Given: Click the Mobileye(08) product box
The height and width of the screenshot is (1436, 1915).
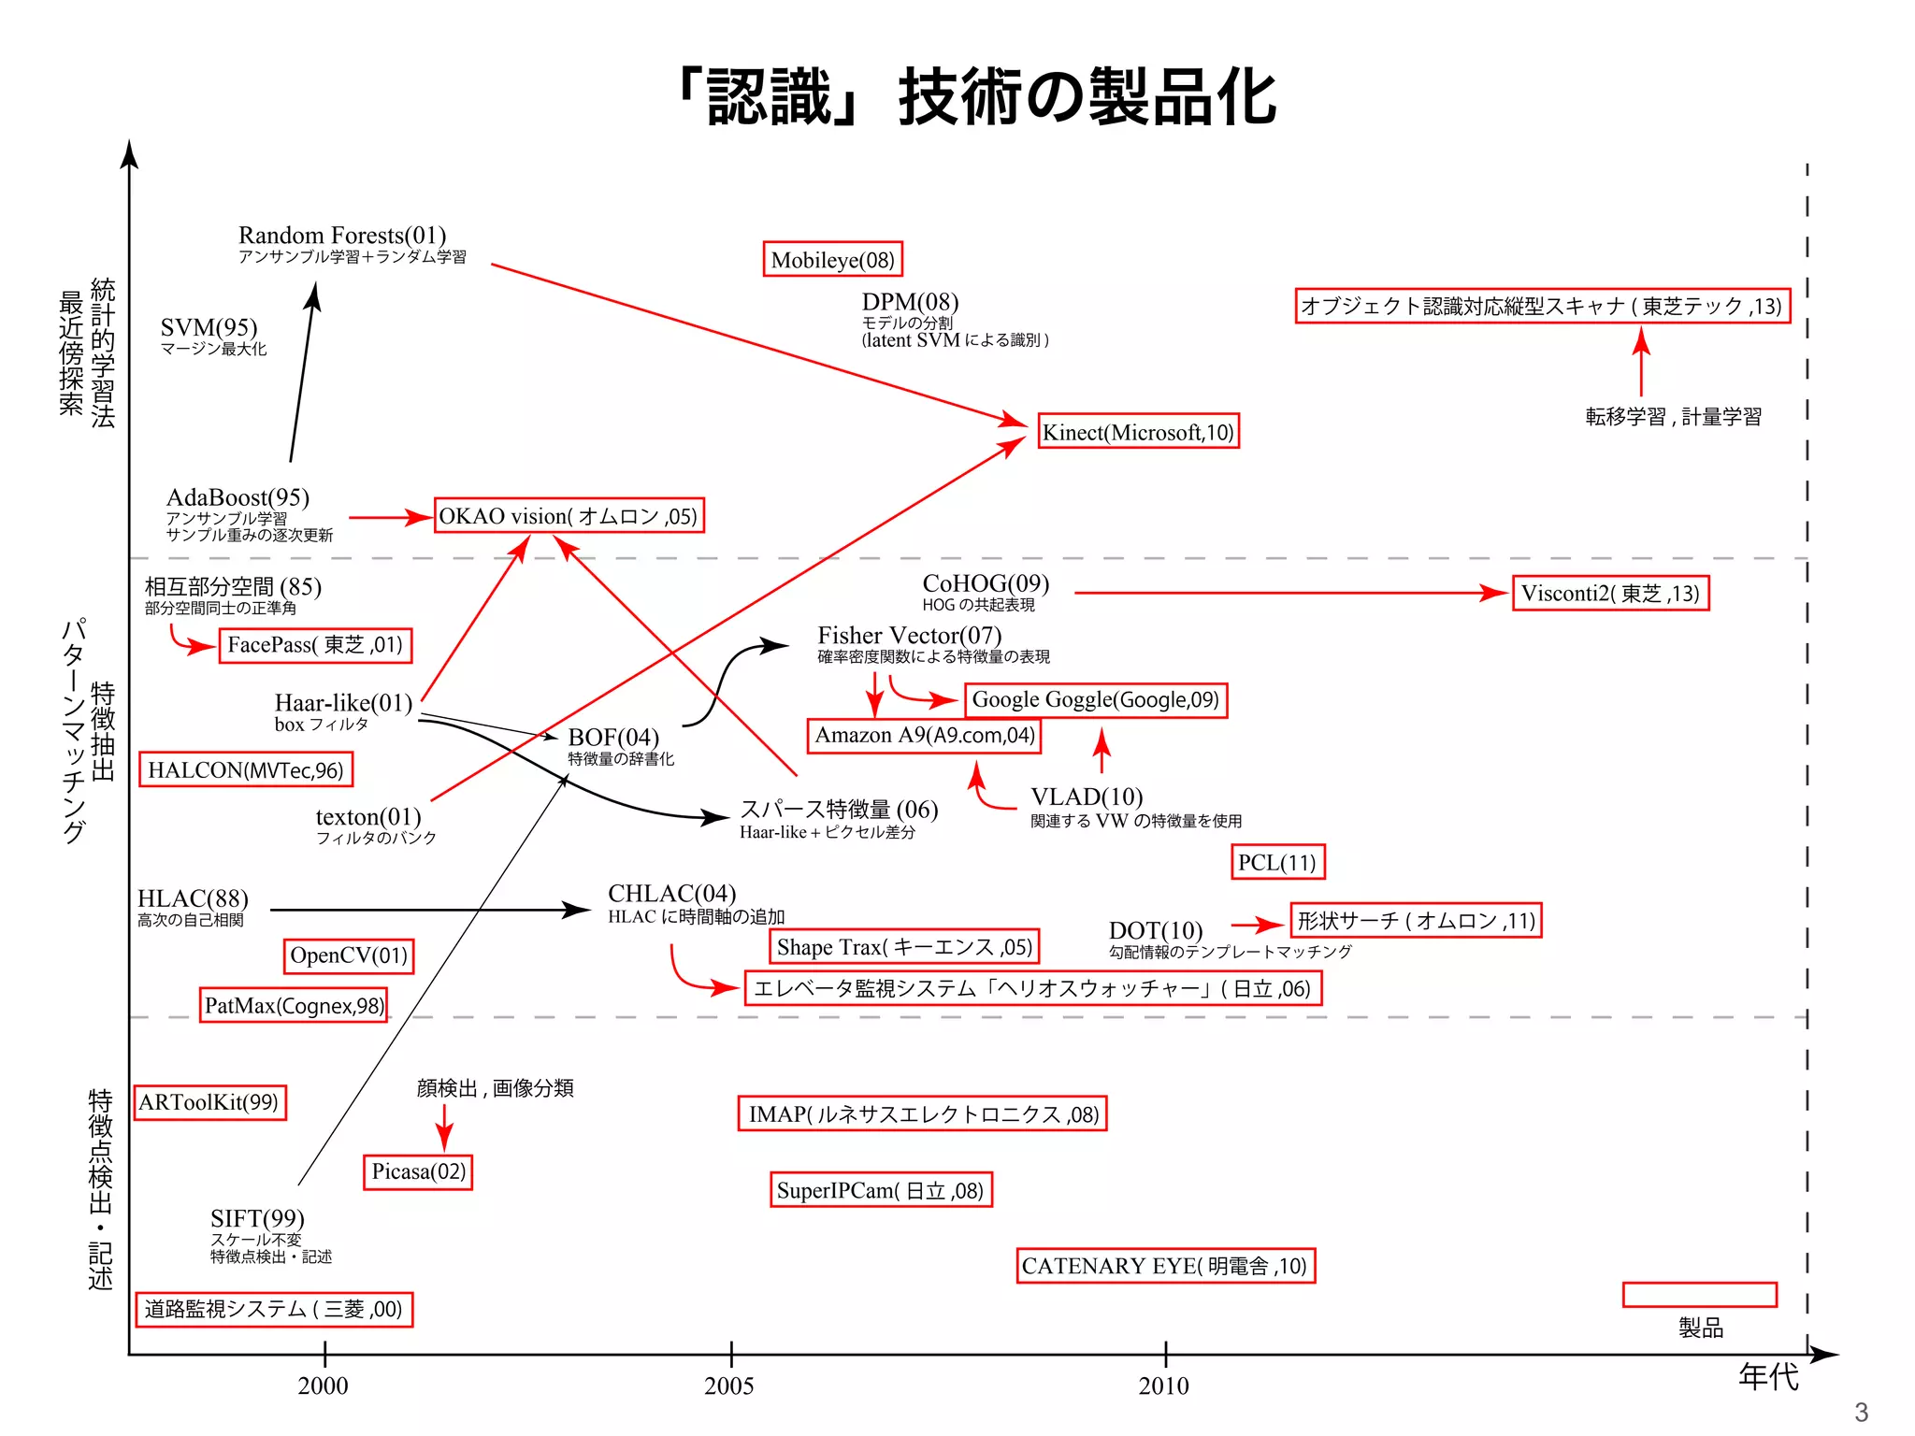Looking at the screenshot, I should [x=833, y=259].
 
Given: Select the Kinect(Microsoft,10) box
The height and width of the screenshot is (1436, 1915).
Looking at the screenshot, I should [x=1138, y=432].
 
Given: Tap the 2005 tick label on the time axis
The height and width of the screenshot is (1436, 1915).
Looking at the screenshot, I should [x=729, y=1386].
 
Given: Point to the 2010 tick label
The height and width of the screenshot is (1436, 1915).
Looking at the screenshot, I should [x=1164, y=1386].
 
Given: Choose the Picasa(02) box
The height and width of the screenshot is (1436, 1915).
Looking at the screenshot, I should [x=418, y=1171].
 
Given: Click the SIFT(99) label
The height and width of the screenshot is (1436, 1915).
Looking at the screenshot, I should [x=257, y=1218].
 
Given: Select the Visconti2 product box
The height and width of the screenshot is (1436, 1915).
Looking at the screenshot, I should [x=1610, y=593].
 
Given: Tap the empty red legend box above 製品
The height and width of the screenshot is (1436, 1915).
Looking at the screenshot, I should [x=1699, y=1295].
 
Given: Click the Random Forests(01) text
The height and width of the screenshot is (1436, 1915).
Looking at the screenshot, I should [x=342, y=235].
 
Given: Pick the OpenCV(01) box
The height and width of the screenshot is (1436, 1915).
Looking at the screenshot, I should [x=349, y=955].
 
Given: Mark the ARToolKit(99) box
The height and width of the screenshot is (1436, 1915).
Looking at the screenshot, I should [x=209, y=1102].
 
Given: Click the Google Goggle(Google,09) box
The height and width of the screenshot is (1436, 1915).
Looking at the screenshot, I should [x=1095, y=699].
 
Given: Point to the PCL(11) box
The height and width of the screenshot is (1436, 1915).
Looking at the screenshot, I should [x=1277, y=862].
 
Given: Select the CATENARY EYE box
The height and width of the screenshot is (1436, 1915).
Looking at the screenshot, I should [x=1165, y=1266].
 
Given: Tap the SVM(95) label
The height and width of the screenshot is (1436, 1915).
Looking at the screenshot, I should [x=209, y=327].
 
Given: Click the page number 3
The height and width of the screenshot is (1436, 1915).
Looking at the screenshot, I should [x=1860, y=1412].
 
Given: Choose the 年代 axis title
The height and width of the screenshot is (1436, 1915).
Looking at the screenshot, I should [x=1767, y=1376].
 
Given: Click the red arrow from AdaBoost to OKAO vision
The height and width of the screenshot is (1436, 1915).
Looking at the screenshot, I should [x=388, y=517].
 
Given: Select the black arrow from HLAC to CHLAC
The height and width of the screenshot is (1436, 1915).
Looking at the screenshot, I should [x=430, y=910].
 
